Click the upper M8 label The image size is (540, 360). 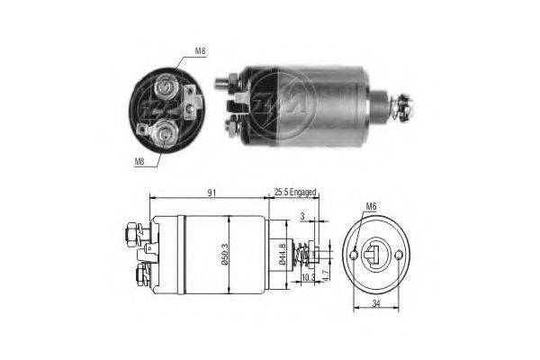(x=200, y=51)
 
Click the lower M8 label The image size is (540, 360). (x=139, y=161)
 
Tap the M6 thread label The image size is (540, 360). (x=371, y=207)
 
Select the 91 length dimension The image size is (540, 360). (x=211, y=193)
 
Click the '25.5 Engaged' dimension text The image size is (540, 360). (x=295, y=193)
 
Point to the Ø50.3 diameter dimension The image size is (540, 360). (x=225, y=254)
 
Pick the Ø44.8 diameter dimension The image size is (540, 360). (x=283, y=254)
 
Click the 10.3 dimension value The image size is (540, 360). (x=308, y=276)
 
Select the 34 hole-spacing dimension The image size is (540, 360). (x=376, y=304)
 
